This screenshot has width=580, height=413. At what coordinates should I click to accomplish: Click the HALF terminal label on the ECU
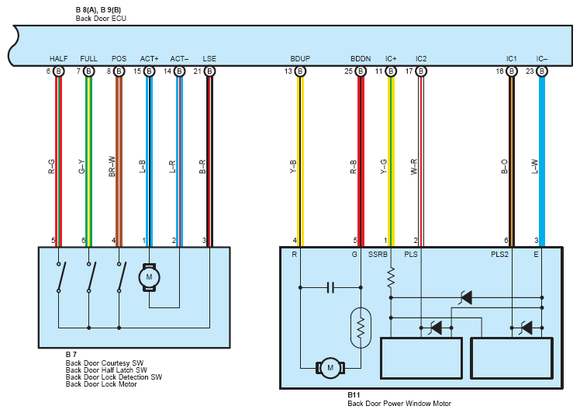(x=58, y=58)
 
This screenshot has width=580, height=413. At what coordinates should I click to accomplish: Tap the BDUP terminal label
(x=300, y=58)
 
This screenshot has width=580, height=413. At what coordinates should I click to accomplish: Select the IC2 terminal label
(x=421, y=58)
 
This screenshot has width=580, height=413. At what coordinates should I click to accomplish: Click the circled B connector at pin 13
(x=300, y=71)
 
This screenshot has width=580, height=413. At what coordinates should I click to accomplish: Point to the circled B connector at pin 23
(x=541, y=71)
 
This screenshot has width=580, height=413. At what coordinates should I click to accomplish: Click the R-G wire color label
(x=51, y=167)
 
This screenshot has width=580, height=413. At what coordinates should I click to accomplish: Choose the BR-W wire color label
(x=112, y=166)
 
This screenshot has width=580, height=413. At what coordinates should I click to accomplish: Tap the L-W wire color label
(x=534, y=167)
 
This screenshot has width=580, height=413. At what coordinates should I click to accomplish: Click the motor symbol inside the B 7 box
(x=149, y=277)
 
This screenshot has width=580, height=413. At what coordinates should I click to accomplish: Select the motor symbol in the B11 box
(x=330, y=368)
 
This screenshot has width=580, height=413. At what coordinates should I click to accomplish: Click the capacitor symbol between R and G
(x=330, y=287)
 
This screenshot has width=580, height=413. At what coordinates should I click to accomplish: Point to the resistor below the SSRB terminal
(x=391, y=278)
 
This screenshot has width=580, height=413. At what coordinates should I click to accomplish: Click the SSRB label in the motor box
(x=378, y=255)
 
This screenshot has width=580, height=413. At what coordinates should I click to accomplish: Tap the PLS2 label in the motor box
(x=499, y=255)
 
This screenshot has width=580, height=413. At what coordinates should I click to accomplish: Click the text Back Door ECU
(x=101, y=18)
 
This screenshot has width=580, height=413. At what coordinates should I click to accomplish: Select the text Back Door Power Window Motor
(x=399, y=404)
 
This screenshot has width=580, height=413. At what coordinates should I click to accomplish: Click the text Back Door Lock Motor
(x=102, y=384)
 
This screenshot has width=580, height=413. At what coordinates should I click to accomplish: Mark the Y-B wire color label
(x=293, y=167)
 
